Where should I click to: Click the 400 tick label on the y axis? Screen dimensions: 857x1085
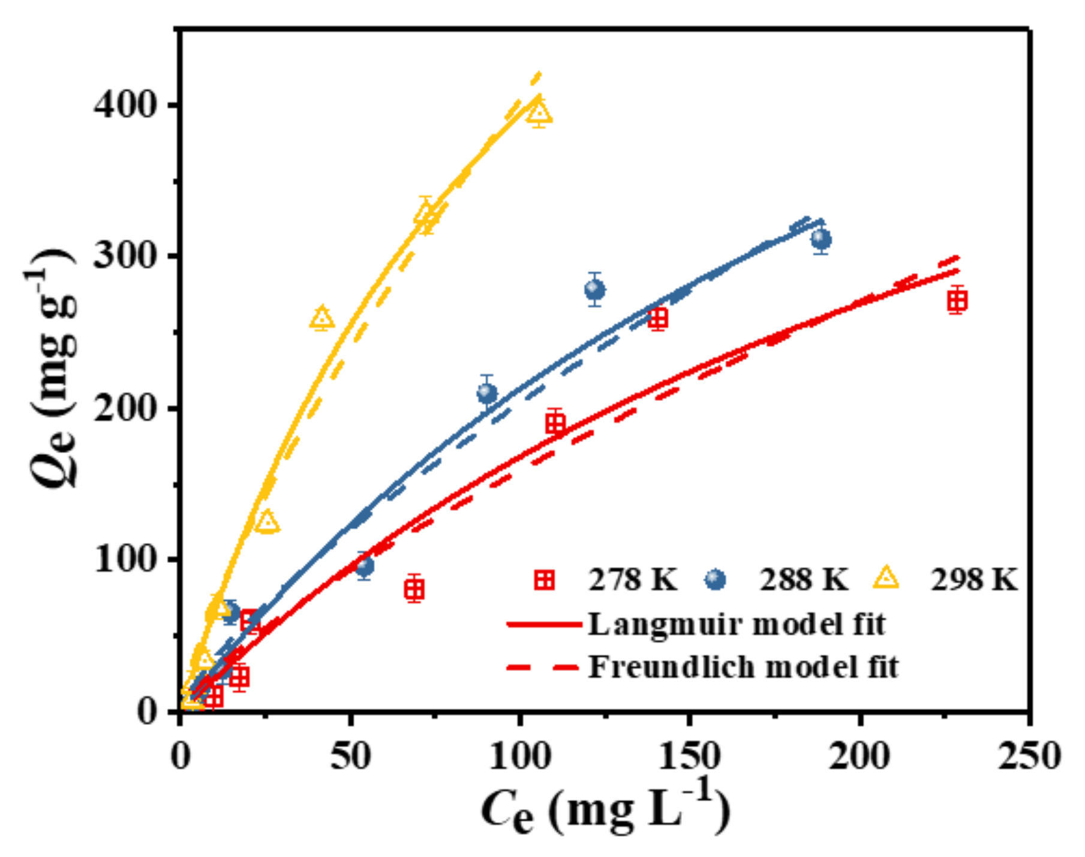click(124, 106)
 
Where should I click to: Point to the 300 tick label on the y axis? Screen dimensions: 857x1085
click(124, 257)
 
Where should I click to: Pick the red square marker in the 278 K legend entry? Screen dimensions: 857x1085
click(545, 580)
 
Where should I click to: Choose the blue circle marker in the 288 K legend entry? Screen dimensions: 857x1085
click(715, 580)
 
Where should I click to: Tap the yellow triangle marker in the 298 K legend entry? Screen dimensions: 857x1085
click(886, 579)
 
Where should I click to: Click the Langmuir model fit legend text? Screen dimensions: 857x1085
click(737, 624)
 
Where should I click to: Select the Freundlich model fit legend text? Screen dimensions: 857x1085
click(743, 667)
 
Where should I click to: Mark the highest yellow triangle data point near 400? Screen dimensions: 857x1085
click(539, 112)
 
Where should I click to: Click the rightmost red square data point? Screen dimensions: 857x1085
click(957, 300)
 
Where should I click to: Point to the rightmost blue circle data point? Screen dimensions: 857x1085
click(821, 240)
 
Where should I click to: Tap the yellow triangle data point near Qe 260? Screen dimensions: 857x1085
click(322, 317)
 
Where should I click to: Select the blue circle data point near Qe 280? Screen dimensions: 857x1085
click(594, 290)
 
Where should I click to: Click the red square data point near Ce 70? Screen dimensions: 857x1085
click(414, 589)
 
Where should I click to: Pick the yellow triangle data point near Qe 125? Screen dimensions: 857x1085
click(268, 522)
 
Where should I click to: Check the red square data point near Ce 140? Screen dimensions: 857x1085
click(659, 317)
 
